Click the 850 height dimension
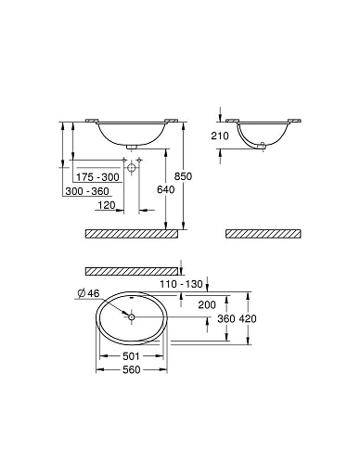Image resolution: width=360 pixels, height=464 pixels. [191, 176]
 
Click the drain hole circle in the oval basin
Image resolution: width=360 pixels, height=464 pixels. [132, 316]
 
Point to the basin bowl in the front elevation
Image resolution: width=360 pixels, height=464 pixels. [130, 133]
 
